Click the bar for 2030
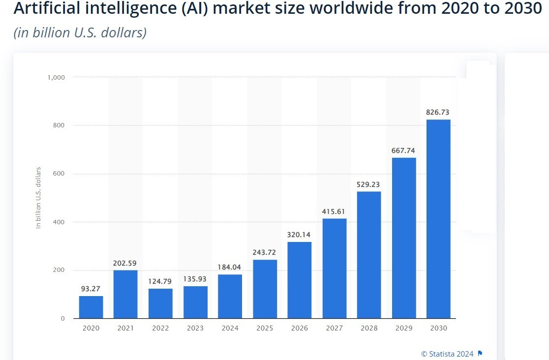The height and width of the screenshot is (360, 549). [438, 219]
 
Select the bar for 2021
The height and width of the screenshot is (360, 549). [125, 294]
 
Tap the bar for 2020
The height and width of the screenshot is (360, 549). [91, 307]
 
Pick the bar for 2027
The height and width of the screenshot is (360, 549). [335, 269]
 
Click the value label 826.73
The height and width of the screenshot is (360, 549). [438, 113]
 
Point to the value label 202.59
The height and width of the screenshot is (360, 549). [125, 263]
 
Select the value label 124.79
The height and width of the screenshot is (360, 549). [160, 282]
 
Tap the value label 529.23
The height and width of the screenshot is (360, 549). [369, 184]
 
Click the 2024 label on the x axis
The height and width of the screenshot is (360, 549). [230, 328]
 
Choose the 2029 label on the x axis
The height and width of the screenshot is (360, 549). [404, 328]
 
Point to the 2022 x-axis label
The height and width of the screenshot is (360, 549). [160, 328]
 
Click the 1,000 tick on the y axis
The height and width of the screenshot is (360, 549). [56, 77]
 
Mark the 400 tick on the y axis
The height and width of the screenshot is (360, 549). [59, 222]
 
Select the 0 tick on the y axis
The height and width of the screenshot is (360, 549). [62, 319]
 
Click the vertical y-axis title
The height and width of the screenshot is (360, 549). [38, 198]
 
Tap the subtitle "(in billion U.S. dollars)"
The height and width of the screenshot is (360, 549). [80, 33]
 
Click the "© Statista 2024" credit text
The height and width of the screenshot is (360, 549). [447, 354]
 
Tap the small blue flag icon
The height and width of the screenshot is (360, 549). [481, 354]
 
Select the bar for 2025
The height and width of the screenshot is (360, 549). [265, 289]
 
